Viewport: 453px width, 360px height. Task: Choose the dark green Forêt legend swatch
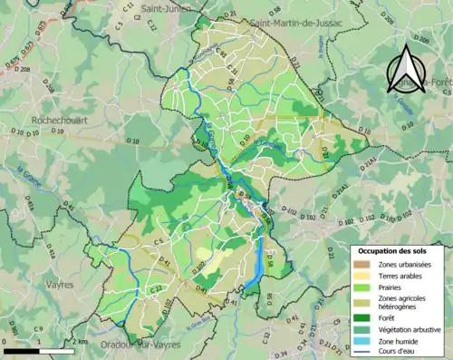361,316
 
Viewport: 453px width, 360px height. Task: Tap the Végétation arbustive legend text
409,328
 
